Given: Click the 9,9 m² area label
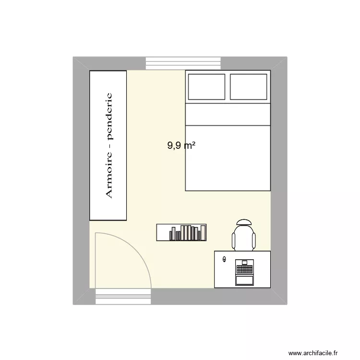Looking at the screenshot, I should click(x=181, y=145).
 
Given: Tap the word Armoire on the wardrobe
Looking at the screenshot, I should click(x=108, y=173).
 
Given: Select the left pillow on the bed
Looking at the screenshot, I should click(x=206, y=87).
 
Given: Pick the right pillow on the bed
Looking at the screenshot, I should click(x=249, y=87).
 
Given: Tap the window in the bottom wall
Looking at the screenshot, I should click(x=124, y=296).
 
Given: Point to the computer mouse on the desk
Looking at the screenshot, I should click(x=224, y=260).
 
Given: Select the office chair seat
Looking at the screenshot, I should click(x=244, y=238).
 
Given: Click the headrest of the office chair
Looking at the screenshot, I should click(x=244, y=222).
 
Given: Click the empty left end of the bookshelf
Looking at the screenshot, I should click(x=163, y=232).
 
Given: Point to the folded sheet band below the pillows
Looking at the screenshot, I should click(x=228, y=114).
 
